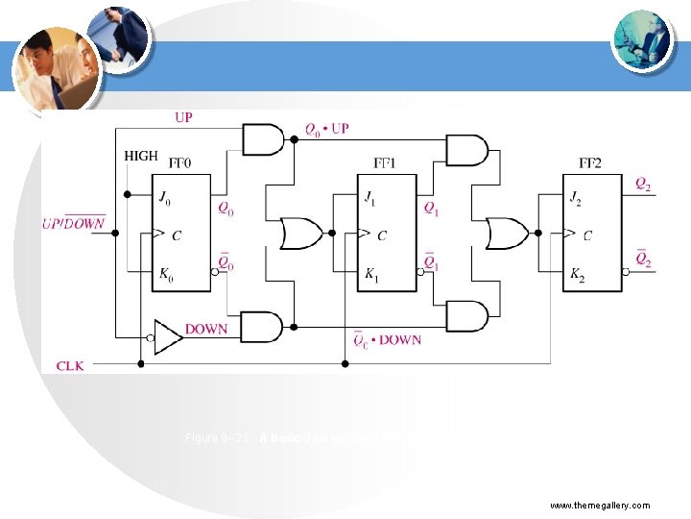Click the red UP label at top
click(182, 117)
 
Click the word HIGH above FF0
click(141, 156)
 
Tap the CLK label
click(71, 365)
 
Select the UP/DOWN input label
click(73, 223)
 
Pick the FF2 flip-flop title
click(591, 163)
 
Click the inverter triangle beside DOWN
click(169, 335)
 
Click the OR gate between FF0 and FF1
click(300, 233)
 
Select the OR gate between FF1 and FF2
click(507, 233)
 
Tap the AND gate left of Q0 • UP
click(263, 140)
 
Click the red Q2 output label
click(643, 185)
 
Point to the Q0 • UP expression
click(326, 128)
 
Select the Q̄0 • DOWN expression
click(388, 338)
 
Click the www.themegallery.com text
click(600, 505)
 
